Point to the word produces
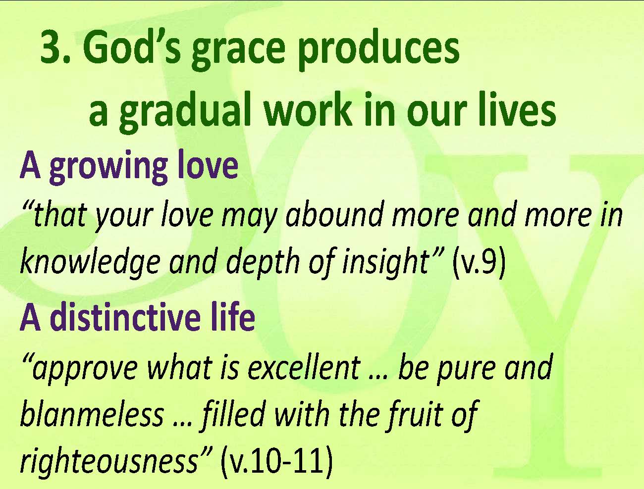[x=379, y=52]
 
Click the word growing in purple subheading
[x=108, y=167]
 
